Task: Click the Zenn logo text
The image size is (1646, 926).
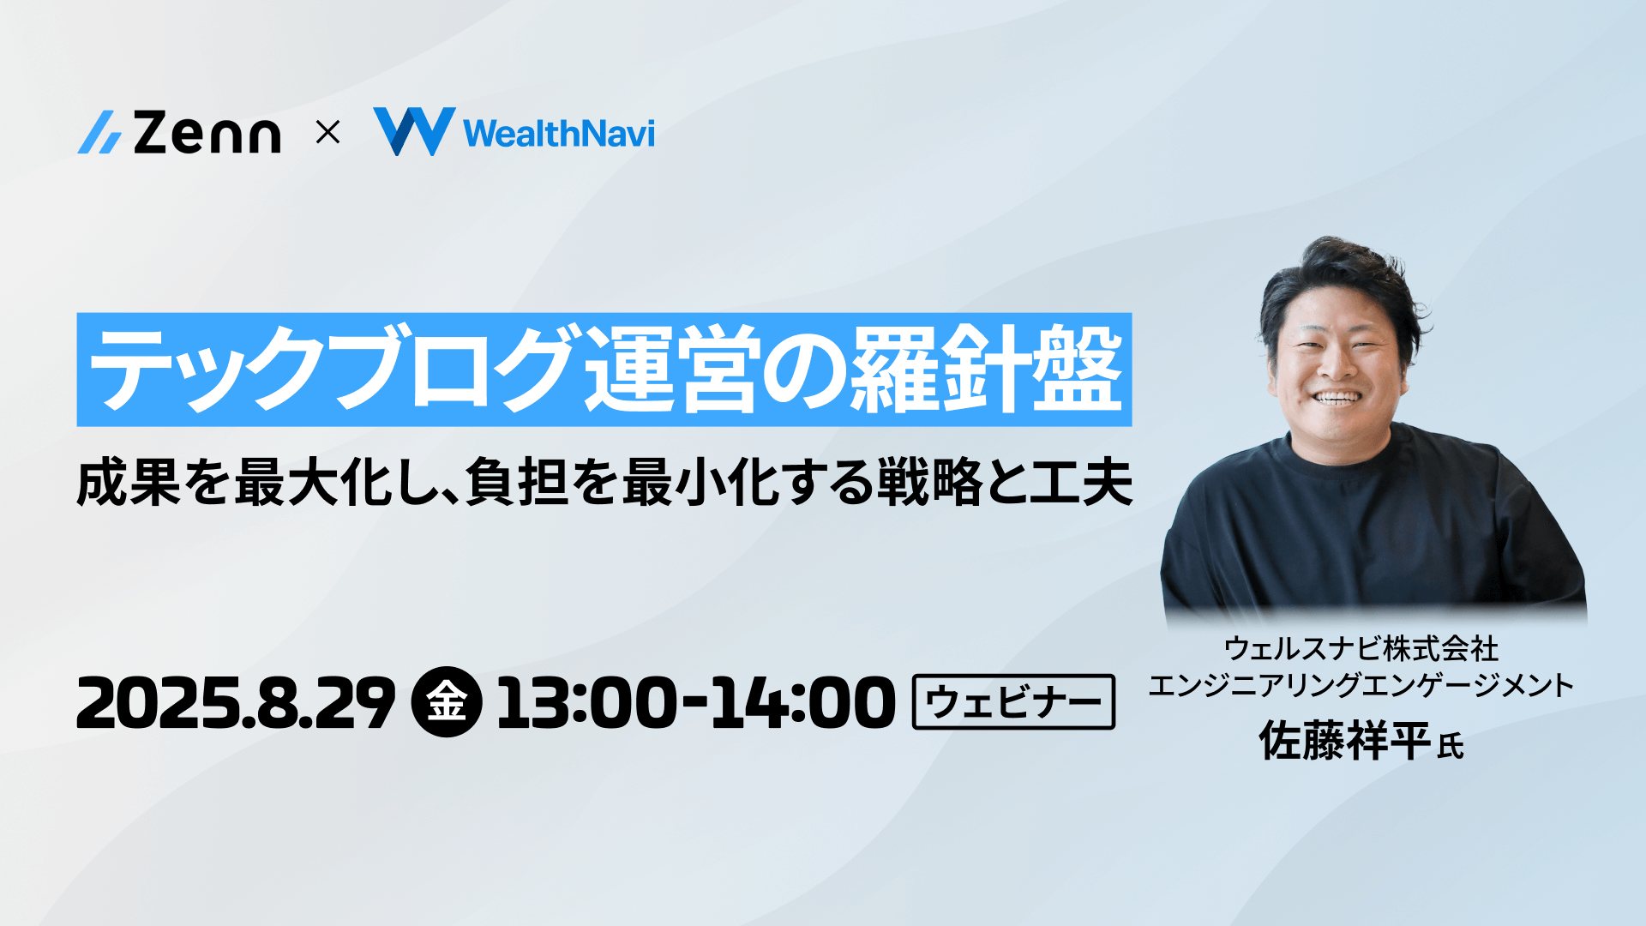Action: (207, 133)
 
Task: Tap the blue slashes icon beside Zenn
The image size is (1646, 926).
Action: (99, 133)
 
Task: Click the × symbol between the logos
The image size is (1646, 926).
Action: (327, 133)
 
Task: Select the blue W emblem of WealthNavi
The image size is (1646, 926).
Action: (414, 131)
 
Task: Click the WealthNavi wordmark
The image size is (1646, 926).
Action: (559, 134)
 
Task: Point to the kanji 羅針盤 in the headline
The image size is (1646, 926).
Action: (986, 370)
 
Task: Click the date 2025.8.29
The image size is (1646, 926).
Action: (237, 702)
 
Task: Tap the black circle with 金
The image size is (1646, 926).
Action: (447, 701)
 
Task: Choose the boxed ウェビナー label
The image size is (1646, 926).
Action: (1013, 701)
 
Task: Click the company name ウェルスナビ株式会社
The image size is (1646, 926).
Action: (1361, 648)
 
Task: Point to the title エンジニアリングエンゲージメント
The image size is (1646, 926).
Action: (1361, 685)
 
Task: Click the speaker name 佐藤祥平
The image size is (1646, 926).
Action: (1344, 741)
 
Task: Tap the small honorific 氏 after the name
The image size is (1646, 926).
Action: (1451, 746)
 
